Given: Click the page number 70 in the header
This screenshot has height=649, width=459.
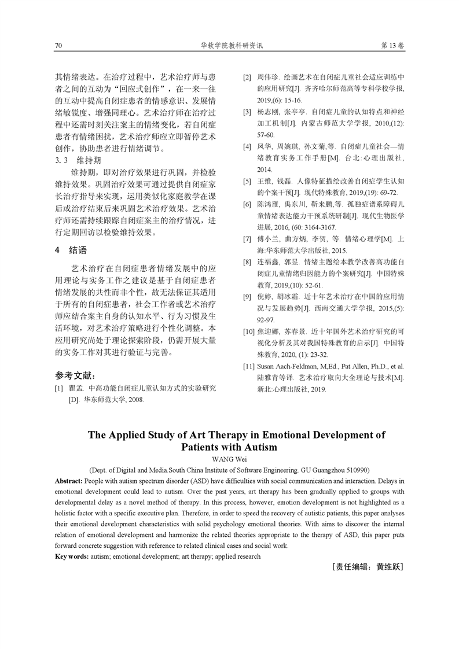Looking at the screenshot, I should (x=58, y=45).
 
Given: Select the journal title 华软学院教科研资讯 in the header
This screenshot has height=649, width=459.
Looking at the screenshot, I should (x=229, y=45).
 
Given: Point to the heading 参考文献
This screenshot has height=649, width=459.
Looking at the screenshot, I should (x=75, y=375).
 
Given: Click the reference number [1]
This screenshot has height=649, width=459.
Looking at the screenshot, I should (x=59, y=388).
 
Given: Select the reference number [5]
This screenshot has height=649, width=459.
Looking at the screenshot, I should (x=247, y=181).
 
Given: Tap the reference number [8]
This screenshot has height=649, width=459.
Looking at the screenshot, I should (x=247, y=262).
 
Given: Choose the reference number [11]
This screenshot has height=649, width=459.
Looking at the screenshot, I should (x=248, y=366).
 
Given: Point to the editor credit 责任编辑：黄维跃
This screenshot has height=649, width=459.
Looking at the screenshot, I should (x=368, y=567).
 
